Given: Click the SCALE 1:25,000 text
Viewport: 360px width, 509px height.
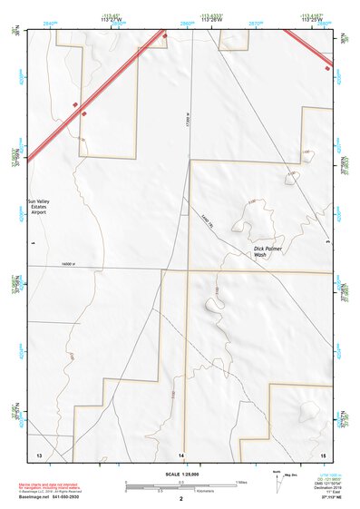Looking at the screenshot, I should click(181, 475).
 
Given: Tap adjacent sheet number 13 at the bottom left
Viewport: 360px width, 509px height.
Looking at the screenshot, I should click(39, 454).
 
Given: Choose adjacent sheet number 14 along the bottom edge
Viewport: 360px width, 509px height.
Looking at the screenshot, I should click(181, 454).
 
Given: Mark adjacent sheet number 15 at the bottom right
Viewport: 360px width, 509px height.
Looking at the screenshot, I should click(323, 454).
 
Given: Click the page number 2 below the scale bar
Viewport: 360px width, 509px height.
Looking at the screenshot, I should click(181, 500).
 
